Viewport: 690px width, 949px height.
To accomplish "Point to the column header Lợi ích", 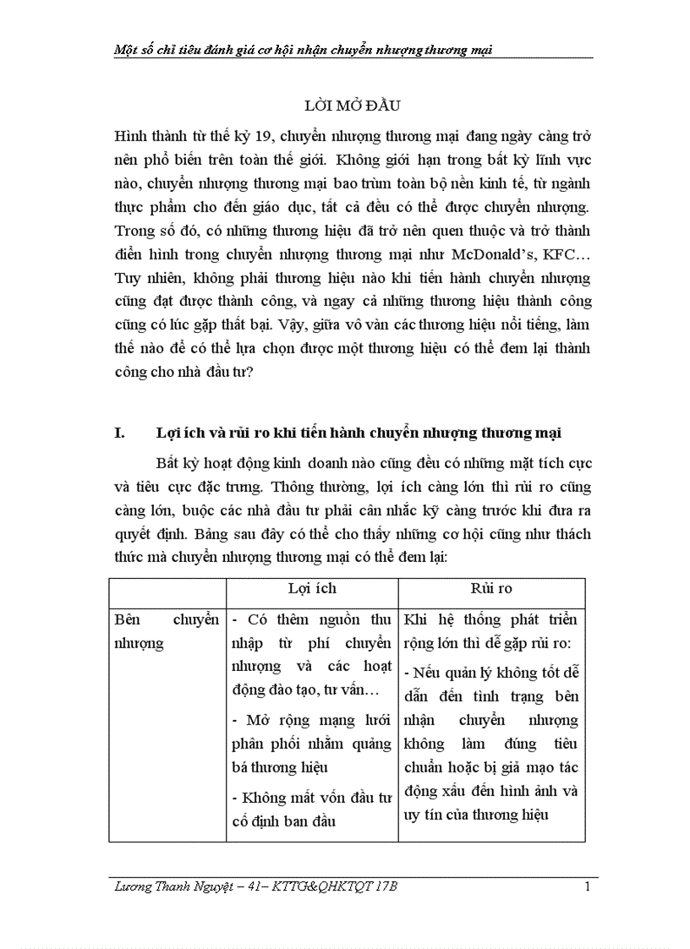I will tap(312, 589).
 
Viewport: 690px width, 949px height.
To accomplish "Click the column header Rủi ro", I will tap(491, 589).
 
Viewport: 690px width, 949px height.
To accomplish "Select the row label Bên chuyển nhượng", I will tap(166, 630).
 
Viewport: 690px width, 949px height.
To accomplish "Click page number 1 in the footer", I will tap(587, 886).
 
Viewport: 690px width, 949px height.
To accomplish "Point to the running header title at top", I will tap(303, 49).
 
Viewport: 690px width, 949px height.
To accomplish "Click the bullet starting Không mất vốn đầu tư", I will tap(311, 809).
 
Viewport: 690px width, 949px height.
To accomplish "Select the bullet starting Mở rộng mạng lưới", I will tap(311, 744).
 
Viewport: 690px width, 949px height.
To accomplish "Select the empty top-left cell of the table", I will tap(167, 589).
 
